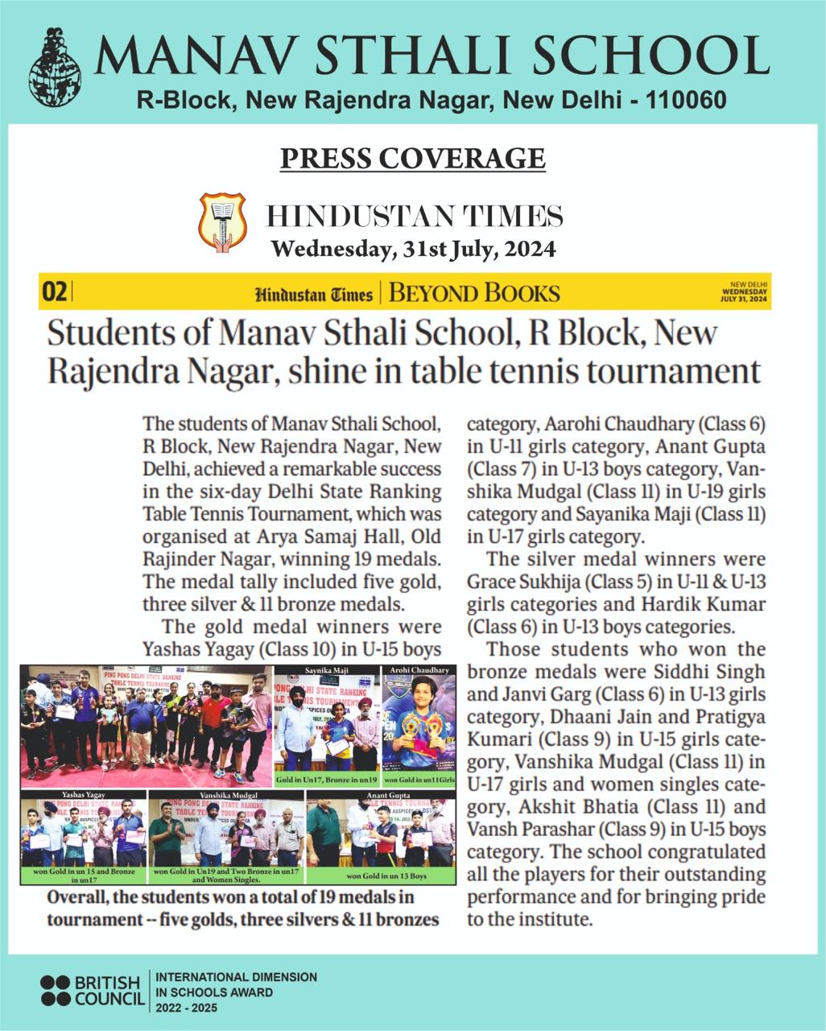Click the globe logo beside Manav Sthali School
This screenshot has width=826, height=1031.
click(x=55, y=68)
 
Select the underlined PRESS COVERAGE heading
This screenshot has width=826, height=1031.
click(x=413, y=158)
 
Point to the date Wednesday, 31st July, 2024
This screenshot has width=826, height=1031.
click(x=413, y=249)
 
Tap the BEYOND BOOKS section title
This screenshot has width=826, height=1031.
click(x=474, y=292)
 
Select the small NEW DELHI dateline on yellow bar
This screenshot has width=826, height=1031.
click(x=749, y=284)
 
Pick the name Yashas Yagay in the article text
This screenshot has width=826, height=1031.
click(x=193, y=648)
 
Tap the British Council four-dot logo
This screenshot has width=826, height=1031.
click(x=56, y=991)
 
